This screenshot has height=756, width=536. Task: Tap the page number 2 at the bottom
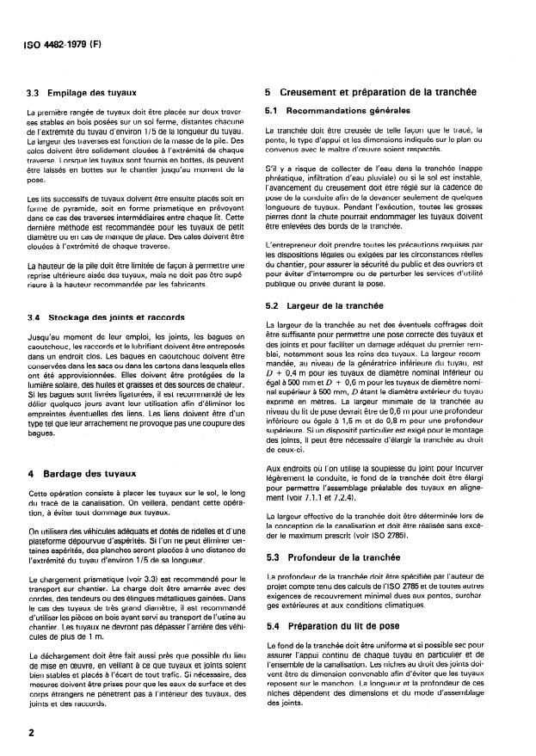click(31, 731)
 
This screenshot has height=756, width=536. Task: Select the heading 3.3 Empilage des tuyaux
click(89, 91)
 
